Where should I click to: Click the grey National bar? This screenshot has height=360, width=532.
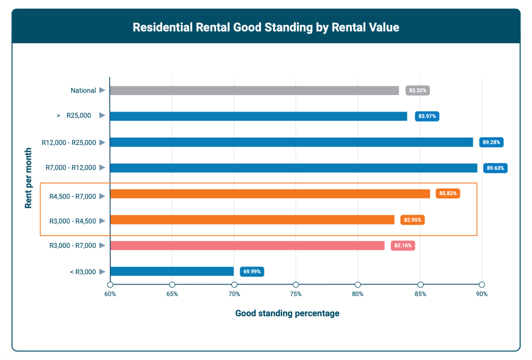click(254, 90)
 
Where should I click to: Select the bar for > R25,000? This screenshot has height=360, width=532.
click(258, 116)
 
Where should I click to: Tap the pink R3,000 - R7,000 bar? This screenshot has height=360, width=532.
click(247, 245)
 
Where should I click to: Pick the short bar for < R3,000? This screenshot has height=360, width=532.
click(172, 271)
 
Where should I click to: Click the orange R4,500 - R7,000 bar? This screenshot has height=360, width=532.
click(270, 194)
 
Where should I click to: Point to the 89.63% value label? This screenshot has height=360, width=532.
click(495, 168)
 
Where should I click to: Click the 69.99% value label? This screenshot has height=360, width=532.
click(252, 271)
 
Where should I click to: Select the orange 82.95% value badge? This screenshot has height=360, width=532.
click(413, 220)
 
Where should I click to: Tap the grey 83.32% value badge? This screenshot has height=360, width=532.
click(418, 90)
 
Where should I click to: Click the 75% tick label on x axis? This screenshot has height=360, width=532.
click(296, 295)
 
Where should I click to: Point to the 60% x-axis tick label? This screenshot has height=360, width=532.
click(110, 295)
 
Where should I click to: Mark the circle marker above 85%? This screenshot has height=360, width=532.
click(420, 284)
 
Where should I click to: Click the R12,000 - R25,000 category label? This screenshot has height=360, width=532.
click(69, 142)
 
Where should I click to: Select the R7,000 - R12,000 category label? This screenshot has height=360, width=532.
click(71, 168)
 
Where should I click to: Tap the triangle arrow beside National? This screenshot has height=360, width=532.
click(102, 90)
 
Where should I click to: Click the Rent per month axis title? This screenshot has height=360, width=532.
click(29, 178)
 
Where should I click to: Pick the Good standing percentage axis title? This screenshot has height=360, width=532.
click(287, 313)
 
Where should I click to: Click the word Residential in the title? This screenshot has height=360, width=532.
click(160, 28)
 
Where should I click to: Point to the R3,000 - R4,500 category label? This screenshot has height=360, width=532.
click(73, 221)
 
